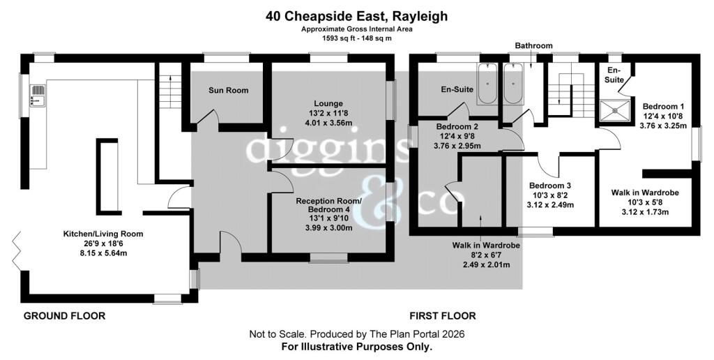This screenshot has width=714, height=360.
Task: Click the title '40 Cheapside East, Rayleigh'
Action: click(x=356, y=17)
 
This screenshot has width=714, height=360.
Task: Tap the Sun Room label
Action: click(x=229, y=90)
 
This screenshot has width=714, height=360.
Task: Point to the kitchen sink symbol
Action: click(x=38, y=95)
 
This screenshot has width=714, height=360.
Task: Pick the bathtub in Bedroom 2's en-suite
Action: click(x=487, y=84)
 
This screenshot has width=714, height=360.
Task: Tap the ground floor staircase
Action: click(x=170, y=91)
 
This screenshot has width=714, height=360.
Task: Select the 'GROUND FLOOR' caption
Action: click(x=64, y=316)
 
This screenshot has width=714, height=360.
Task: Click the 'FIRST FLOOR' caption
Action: click(x=443, y=316)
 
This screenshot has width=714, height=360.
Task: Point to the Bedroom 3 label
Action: click(x=549, y=186)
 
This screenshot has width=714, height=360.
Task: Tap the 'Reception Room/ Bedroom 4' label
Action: click(x=329, y=205)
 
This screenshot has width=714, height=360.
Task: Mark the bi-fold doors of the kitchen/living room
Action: click(x=17, y=251)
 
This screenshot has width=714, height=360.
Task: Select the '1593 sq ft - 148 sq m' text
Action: click(x=356, y=38)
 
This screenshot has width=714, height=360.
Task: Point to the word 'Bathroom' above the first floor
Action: click(x=533, y=45)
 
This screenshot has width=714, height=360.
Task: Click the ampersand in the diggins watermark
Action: click(x=381, y=201)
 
